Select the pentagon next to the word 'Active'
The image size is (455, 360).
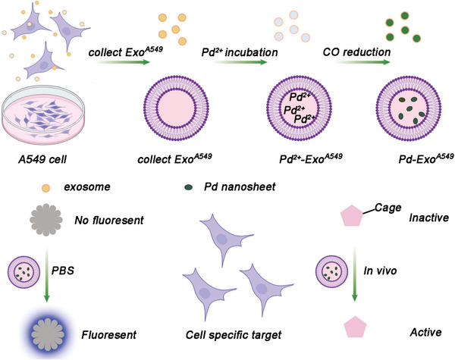click(x=340, y=332)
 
